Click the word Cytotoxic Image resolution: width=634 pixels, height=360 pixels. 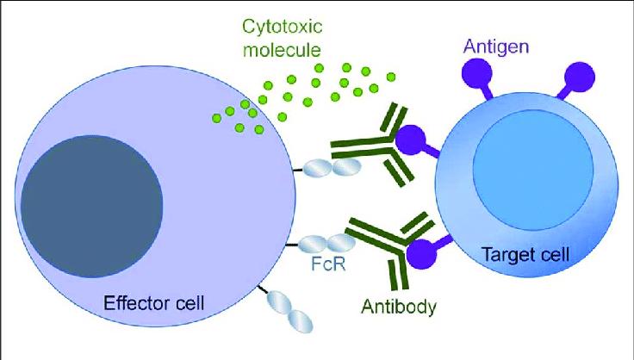click(283, 28)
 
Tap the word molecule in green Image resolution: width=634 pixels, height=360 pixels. click(283, 50)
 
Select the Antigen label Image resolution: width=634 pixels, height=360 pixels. click(495, 47)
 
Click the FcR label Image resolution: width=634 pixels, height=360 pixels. click(328, 264)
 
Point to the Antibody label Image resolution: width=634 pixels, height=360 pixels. click(399, 307)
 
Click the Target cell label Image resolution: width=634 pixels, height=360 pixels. click(526, 255)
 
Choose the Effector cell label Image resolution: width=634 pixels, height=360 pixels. click(153, 302)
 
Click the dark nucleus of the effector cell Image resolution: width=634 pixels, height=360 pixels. click(92, 207)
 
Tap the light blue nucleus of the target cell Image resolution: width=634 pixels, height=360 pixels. click(533, 171)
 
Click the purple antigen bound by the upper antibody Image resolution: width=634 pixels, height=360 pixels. click(415, 141)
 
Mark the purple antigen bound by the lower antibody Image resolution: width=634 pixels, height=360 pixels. click(425, 252)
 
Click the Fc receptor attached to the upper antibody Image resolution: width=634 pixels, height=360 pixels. click(331, 168)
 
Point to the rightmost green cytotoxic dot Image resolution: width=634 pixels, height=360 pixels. click(390, 77)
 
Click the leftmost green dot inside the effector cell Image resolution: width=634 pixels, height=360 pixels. click(217, 118)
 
